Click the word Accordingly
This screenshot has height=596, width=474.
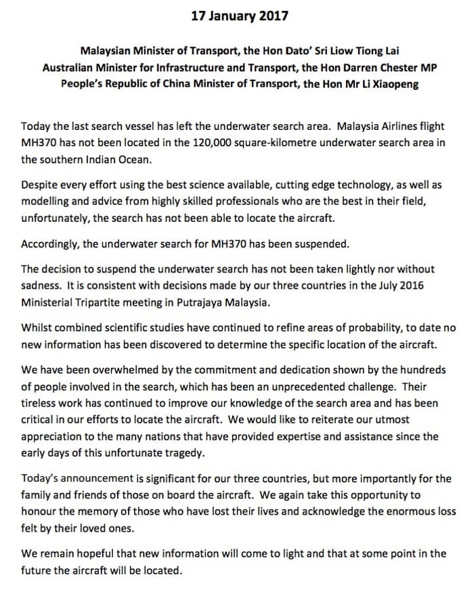pos(51,244)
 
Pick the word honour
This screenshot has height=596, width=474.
pos(40,511)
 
